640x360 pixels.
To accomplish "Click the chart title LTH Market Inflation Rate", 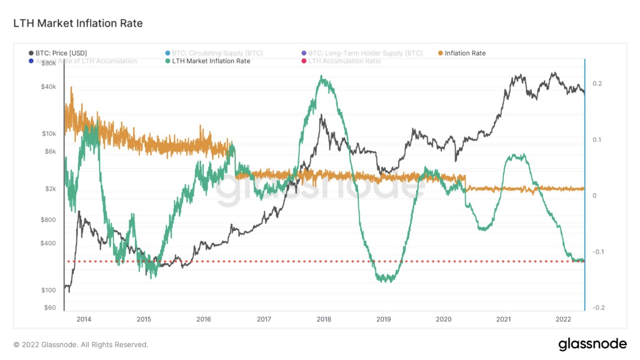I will point(78,23).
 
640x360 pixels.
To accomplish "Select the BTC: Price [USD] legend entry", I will point(61,53).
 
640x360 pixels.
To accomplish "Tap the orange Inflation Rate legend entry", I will point(464,53).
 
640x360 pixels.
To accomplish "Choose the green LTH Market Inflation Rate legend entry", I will point(211,61).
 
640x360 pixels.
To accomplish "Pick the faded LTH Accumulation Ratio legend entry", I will point(344,61).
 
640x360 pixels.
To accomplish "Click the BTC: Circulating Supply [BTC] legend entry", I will point(217,53).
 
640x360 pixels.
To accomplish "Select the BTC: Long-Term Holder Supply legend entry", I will point(365,53).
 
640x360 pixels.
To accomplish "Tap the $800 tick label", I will point(48,220).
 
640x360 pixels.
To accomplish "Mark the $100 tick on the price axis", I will point(48,290).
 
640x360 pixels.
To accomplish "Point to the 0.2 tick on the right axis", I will point(597,84).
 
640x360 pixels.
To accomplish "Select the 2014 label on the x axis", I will point(84,319).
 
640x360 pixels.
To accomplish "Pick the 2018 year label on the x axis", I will point(324,319).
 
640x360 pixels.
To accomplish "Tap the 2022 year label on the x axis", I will point(563,319).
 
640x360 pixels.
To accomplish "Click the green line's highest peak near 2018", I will point(322,76).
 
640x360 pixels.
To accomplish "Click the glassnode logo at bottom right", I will point(592,344).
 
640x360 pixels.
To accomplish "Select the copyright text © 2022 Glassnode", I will point(80,344).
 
